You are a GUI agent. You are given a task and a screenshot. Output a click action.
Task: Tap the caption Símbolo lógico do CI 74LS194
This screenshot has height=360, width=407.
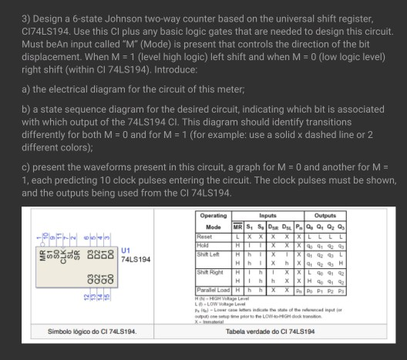click(x=82, y=331)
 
